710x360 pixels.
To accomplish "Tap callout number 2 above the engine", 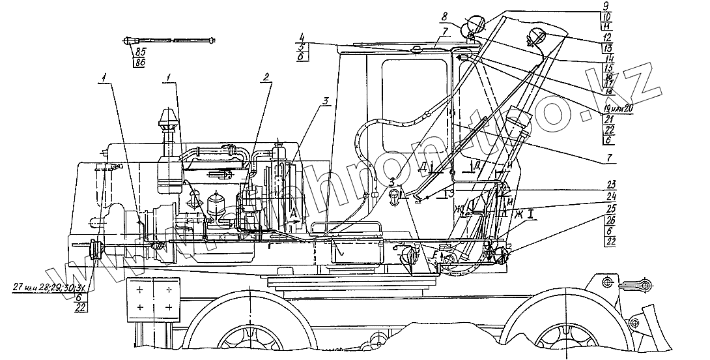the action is coord(266,76).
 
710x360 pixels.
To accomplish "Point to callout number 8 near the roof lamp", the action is coord(443,15).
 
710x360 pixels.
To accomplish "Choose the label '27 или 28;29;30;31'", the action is coord(50,287).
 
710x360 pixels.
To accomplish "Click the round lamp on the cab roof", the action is coord(474,27).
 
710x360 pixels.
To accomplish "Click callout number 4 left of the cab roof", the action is coord(303,37).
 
